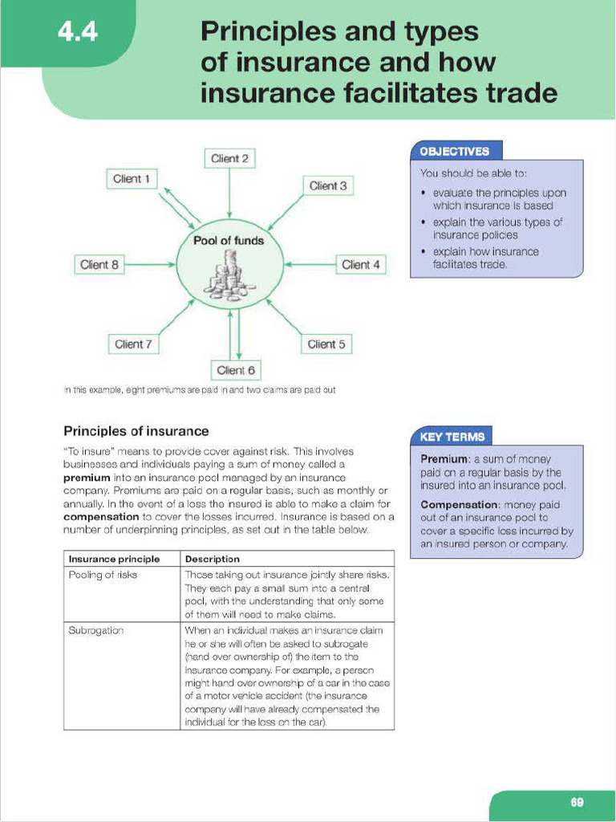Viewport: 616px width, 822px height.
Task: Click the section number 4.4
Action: pos(77,34)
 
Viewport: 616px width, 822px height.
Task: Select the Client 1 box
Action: pos(132,179)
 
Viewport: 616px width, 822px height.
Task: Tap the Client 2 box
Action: pos(229,158)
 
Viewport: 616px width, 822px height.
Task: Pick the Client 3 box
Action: pos(328,185)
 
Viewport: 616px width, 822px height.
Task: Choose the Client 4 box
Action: pos(360,264)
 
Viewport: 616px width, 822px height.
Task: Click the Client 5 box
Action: pos(326,344)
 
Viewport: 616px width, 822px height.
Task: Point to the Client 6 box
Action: pos(236,370)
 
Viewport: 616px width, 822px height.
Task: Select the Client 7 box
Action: pos(133,344)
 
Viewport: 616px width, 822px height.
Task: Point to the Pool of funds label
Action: pos(229,240)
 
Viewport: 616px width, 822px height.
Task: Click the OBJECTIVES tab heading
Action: pos(454,151)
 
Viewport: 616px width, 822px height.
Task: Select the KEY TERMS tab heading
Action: pos(452,437)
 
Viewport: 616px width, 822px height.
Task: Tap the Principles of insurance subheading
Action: pos(136,431)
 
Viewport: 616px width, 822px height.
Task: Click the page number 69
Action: pos(577,801)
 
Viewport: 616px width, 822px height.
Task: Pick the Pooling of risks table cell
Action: pos(104,575)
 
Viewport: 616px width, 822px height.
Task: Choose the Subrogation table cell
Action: pos(96,631)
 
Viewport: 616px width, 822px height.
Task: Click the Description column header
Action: pos(212,559)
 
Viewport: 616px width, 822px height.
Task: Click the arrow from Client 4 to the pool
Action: pos(310,264)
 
